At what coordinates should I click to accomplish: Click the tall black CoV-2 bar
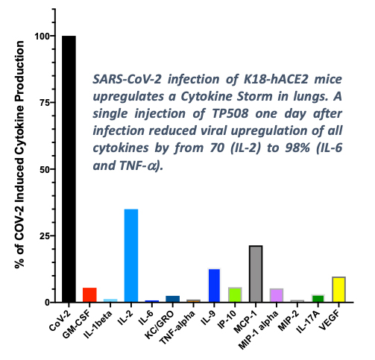(69, 169)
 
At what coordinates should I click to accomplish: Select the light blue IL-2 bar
(131, 256)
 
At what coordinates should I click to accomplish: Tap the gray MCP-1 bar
(256, 274)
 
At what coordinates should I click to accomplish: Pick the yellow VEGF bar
(338, 289)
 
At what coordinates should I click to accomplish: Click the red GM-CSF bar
(89, 295)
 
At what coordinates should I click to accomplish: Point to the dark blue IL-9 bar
(214, 285)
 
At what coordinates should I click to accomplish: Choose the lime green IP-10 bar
(235, 294)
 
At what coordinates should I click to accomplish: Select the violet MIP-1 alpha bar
(277, 295)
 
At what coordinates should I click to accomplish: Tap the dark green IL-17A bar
(318, 298)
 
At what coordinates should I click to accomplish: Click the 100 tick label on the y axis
(43, 37)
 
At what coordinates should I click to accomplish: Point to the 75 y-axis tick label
(45, 103)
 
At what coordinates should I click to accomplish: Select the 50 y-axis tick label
(45, 169)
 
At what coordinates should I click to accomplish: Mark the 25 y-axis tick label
(45, 236)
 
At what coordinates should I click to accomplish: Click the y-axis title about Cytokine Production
(19, 155)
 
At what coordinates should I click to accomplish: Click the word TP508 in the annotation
(230, 113)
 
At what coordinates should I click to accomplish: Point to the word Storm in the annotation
(255, 96)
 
